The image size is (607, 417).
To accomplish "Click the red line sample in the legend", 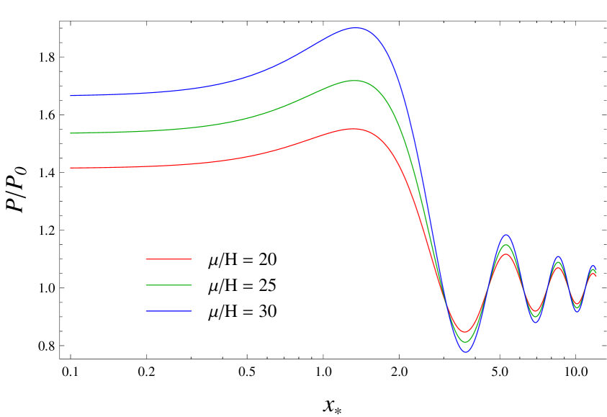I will (x=168, y=259).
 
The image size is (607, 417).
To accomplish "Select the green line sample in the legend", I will (x=168, y=285).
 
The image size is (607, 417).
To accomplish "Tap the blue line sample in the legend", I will (x=168, y=311).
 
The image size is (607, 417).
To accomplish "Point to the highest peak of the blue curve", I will (x=356, y=27).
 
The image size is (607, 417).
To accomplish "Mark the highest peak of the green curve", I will (x=354, y=80).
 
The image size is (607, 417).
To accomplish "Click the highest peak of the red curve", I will (x=354, y=128).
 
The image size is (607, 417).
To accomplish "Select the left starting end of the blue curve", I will (x=71, y=95).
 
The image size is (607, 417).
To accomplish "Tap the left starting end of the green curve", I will (x=71, y=133).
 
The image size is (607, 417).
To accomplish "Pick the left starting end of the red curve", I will (x=71, y=168).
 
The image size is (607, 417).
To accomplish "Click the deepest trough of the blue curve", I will (x=466, y=351).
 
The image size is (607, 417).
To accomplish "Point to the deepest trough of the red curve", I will (x=465, y=332).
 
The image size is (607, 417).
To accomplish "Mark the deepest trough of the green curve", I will (x=465, y=342).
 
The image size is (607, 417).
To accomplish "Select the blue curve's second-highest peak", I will (x=506, y=235).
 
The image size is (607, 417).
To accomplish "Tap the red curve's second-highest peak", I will (x=506, y=254).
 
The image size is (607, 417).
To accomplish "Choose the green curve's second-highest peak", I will (x=506, y=245).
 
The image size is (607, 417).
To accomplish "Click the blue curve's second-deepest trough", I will (x=535, y=322).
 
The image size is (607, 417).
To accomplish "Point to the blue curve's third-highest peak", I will (x=557, y=257).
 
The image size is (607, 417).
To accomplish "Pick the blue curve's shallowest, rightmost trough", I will (x=577, y=311).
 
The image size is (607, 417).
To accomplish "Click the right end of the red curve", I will (x=595, y=276).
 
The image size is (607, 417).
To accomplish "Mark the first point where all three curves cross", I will (x=447, y=305).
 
